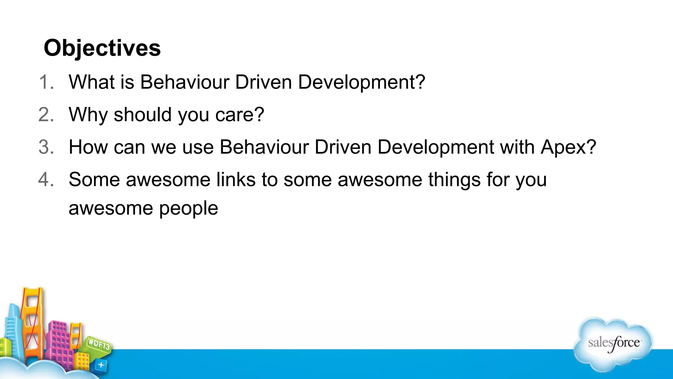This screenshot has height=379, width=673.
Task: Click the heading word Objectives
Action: click(102, 48)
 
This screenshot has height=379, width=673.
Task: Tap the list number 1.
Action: click(46, 82)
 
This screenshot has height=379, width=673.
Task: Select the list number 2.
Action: click(46, 114)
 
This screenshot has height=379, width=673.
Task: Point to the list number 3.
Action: click(46, 147)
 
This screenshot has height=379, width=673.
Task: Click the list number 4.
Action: click(46, 179)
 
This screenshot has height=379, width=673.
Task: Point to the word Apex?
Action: click(568, 147)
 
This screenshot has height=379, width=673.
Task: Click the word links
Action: click(236, 179)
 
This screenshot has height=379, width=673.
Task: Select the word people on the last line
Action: click(189, 208)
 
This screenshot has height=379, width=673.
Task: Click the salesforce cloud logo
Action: click(613, 344)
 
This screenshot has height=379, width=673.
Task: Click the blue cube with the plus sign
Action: click(101, 365)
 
